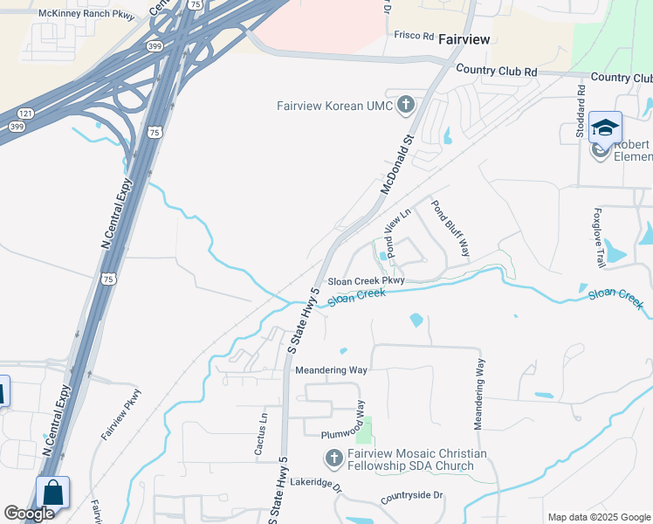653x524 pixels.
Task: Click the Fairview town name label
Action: pos(464,39)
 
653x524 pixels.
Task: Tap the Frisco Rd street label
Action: pos(416,36)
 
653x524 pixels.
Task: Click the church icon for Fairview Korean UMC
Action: pos(405,106)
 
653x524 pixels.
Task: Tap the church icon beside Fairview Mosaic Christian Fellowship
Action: pos(333,458)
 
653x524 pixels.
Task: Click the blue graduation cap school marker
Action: pos(605,128)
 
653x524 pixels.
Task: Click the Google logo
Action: pos(29,514)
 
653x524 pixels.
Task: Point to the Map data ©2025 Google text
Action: pos(599,517)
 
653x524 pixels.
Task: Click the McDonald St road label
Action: pos(395,163)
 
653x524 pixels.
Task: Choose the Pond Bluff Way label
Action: pos(450,228)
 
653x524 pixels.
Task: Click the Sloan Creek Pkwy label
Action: pos(366,281)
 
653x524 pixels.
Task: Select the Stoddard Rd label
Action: pos(581,105)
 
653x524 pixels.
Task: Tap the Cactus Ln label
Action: pos(259,434)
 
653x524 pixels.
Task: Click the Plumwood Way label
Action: pos(329,433)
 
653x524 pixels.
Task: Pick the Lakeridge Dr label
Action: pos(315,481)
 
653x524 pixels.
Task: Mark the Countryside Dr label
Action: pos(412,496)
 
